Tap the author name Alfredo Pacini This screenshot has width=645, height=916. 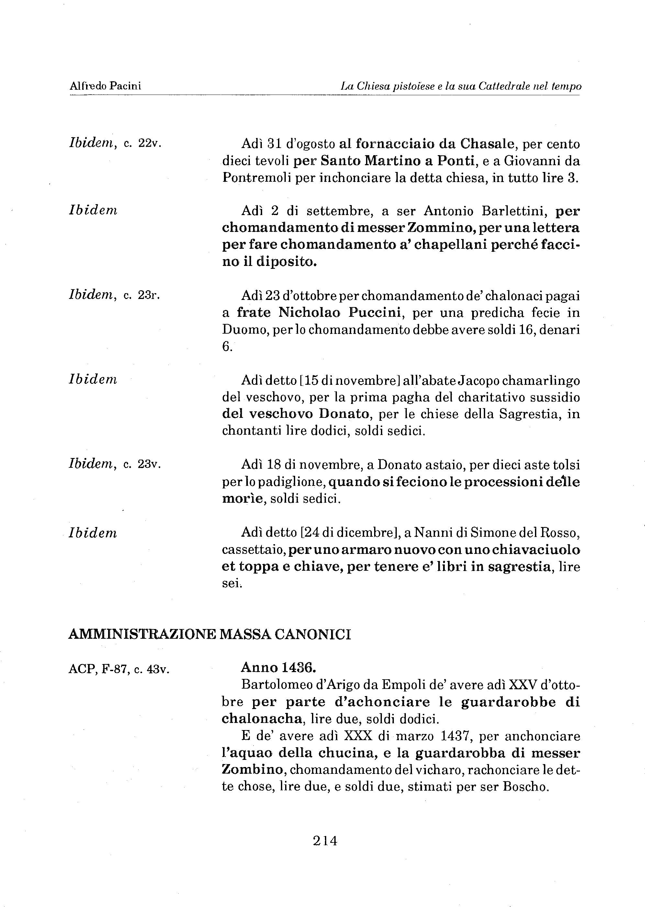(105, 86)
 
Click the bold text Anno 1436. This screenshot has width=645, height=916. (278, 668)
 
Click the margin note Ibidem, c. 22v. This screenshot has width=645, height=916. (115, 143)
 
